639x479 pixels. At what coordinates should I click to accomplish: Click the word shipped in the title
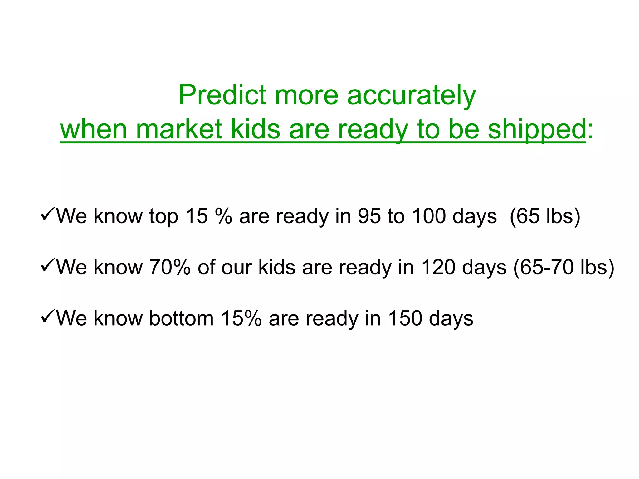[537, 130]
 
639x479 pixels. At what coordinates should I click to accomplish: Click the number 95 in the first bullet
[369, 216]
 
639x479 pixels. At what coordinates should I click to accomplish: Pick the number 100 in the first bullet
[429, 216]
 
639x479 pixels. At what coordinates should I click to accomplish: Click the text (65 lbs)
[545, 216]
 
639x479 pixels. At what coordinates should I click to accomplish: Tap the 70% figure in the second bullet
[170, 267]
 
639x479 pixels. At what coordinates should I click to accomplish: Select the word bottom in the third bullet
[181, 318]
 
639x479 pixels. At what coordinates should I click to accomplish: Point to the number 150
[405, 318]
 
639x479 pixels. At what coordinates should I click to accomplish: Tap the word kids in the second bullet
[277, 267]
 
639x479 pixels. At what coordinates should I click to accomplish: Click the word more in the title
[306, 95]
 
